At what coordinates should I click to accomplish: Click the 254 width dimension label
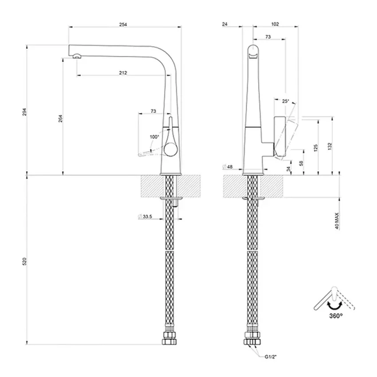coord(123,24)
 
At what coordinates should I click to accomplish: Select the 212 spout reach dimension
coord(123,73)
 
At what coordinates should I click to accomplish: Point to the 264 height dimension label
coord(61,118)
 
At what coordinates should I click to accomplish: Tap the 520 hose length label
coord(24,261)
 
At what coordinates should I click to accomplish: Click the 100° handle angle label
coord(154,137)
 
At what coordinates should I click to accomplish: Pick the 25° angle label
coord(285,101)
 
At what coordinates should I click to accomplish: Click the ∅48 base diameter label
coord(228,167)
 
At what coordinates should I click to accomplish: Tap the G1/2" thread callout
coord(271,357)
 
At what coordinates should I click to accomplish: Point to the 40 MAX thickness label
coord(337,221)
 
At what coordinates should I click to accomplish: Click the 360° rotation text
coord(336,315)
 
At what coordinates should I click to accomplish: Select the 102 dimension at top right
coord(275,24)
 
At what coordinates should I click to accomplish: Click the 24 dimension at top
coord(225,24)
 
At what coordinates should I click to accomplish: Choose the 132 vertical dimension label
coord(330,146)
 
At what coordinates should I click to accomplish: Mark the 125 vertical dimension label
coord(316,148)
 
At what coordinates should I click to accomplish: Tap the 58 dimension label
coord(301,163)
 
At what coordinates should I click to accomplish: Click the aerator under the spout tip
coord(77,56)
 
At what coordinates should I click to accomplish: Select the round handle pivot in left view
coord(171,150)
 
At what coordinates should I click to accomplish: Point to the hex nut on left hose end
coord(169,338)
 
